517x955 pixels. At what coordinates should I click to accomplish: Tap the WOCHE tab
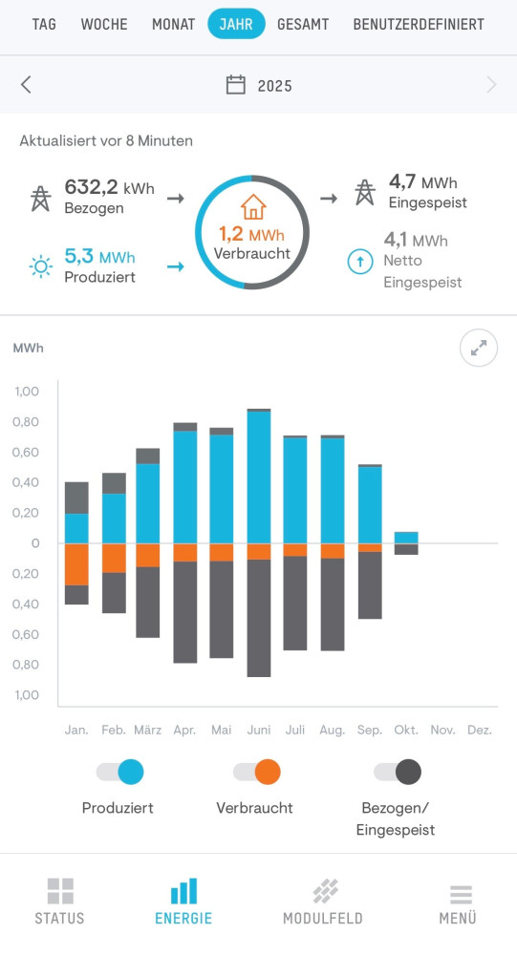(104, 24)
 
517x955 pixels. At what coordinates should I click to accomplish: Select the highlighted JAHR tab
(236, 24)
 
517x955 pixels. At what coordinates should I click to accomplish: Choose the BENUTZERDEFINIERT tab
(419, 24)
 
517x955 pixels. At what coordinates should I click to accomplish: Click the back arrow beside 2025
(26, 85)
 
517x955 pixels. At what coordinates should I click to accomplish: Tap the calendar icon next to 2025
(235, 85)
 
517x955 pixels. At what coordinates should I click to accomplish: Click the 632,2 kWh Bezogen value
(109, 187)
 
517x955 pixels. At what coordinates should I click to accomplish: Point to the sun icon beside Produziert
(40, 266)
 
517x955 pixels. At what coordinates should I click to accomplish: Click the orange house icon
(252, 207)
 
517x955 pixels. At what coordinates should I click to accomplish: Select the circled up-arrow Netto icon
(360, 261)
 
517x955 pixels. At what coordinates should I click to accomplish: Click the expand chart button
(479, 349)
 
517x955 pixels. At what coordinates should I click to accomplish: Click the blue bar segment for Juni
(258, 477)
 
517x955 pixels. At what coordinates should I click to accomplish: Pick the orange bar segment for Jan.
(76, 563)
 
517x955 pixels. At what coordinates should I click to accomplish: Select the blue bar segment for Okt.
(406, 538)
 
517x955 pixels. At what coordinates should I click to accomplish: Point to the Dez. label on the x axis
(480, 731)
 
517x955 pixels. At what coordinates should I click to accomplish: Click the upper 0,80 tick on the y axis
(27, 422)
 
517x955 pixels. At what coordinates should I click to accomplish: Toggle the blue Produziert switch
(120, 772)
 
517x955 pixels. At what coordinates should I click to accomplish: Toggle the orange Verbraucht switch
(256, 772)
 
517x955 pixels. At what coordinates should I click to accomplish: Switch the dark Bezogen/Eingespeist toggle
(397, 772)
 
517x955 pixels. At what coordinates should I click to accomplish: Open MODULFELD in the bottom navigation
(323, 902)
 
